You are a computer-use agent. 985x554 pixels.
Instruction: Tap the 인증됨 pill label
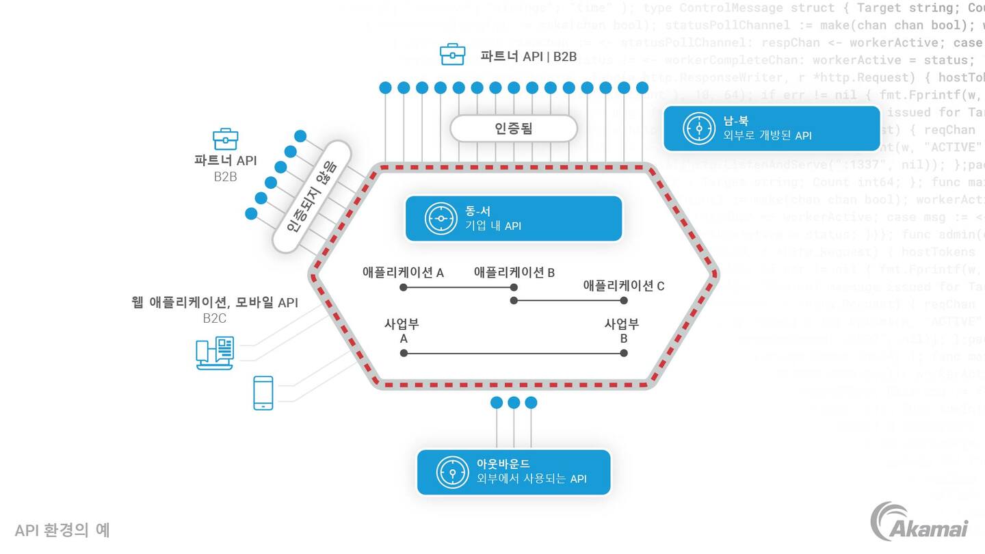pyautogui.click(x=513, y=128)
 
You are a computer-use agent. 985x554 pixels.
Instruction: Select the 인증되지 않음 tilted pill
pyautogui.click(x=311, y=197)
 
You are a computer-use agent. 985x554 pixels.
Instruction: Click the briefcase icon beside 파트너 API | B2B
pyautogui.click(x=452, y=55)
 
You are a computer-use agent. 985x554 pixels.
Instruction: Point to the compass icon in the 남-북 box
pyautogui.click(x=698, y=128)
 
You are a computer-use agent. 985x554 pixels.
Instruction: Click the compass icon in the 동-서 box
pyautogui.click(x=441, y=218)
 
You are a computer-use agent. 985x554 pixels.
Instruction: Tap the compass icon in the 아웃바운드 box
pyautogui.click(x=452, y=472)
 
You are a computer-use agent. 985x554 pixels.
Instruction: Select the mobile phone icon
pyautogui.click(x=263, y=393)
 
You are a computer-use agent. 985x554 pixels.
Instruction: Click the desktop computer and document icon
pyautogui.click(x=215, y=353)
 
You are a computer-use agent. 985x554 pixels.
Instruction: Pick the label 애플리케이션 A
pyautogui.click(x=403, y=272)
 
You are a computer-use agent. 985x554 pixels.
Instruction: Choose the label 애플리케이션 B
pyautogui.click(x=514, y=272)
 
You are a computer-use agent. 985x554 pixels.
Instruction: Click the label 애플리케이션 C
pyautogui.click(x=623, y=286)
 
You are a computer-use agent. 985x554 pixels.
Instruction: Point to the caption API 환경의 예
pyautogui.click(x=62, y=530)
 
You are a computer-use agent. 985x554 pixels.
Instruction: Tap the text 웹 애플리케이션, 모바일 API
pyautogui.click(x=215, y=302)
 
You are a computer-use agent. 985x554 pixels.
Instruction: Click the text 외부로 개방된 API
pyautogui.click(x=767, y=135)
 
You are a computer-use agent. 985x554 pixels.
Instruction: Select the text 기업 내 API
pyautogui.click(x=493, y=226)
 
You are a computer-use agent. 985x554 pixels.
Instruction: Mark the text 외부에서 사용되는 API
pyautogui.click(x=531, y=479)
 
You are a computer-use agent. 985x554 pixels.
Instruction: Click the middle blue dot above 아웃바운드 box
pyautogui.click(x=514, y=403)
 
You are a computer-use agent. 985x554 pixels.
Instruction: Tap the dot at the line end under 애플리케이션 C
pyautogui.click(x=624, y=300)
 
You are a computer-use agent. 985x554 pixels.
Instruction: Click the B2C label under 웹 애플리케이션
pyautogui.click(x=214, y=318)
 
